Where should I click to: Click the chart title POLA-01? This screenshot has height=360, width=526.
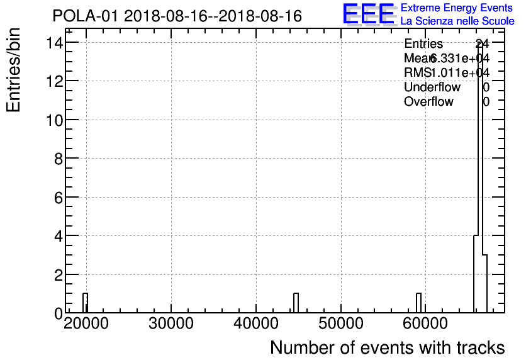[x=177, y=16]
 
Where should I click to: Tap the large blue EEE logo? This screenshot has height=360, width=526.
[x=369, y=14]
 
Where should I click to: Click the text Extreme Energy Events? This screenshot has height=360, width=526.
[x=457, y=8]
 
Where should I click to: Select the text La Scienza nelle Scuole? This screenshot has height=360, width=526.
[x=457, y=21]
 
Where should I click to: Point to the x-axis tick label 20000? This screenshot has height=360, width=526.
[x=86, y=325]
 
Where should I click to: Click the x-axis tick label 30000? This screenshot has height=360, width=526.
[x=171, y=325]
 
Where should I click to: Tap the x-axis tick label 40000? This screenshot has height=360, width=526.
[x=255, y=325]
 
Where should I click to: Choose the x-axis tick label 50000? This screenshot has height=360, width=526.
[x=340, y=325]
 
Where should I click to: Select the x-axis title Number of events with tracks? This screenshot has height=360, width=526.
[x=387, y=348]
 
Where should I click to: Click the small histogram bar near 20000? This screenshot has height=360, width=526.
[x=85, y=303]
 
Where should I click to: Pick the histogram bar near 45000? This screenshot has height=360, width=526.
[x=296, y=303]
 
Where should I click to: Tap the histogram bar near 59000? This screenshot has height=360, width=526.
[x=418, y=303]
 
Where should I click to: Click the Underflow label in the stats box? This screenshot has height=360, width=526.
[x=432, y=87]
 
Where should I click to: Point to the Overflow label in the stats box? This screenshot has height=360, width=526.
[x=428, y=101]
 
